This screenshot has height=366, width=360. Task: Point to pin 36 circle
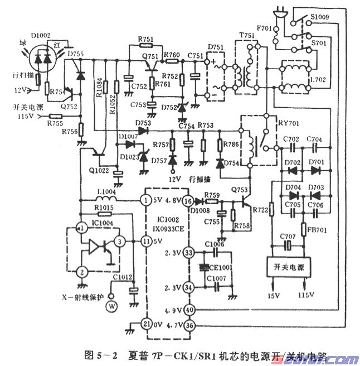click(x=189, y=325)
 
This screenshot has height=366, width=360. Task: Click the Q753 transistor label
click(x=239, y=189)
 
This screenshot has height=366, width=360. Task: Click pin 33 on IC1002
click(x=189, y=253)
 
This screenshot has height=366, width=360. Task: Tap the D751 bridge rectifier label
click(x=216, y=47)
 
